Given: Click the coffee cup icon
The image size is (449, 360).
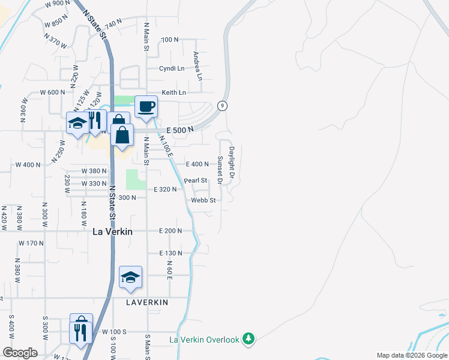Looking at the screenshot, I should pos(146,107).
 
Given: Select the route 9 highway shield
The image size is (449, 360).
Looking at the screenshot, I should pos(222,106).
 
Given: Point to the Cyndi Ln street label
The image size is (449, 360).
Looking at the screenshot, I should pos(172,68).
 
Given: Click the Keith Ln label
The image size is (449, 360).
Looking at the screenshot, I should pos(173,92).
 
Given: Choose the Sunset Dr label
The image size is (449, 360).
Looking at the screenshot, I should pos(220,170).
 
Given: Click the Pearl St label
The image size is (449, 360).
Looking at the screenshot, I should pos(195,180).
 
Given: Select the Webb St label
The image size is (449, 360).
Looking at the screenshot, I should pos(203,200).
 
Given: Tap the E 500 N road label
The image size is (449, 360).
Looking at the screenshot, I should pos(180,130).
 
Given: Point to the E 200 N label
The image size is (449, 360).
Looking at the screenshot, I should pos(170,231).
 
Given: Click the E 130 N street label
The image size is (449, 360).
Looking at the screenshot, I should pos(170,254).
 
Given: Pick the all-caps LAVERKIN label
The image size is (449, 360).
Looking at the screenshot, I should pos(147,303).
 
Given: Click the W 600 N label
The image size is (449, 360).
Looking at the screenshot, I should pos(52,92).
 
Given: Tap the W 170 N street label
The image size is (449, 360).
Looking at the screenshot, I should pos(31,243).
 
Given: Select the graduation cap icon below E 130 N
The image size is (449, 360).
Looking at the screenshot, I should pos(130,277).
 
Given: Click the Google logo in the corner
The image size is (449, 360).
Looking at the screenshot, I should pos(20,353).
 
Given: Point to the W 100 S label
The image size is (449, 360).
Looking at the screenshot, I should pos(114,332).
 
